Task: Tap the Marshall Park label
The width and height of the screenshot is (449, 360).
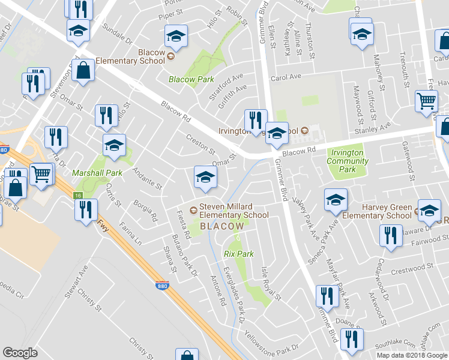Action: point(97,173)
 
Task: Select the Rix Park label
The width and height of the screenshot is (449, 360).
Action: point(238,254)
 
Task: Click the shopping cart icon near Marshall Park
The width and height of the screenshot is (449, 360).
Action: point(41,174)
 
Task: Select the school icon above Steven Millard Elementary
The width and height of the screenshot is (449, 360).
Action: point(205,178)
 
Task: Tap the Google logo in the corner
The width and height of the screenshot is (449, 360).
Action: point(20,353)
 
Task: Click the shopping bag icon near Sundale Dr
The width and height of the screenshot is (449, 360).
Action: point(83,71)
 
